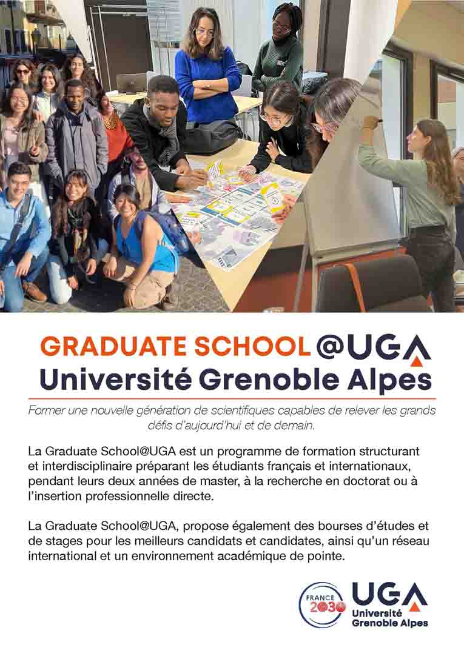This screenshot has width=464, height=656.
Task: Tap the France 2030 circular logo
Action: [321, 604]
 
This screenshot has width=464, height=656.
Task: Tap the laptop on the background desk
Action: [132, 83]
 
